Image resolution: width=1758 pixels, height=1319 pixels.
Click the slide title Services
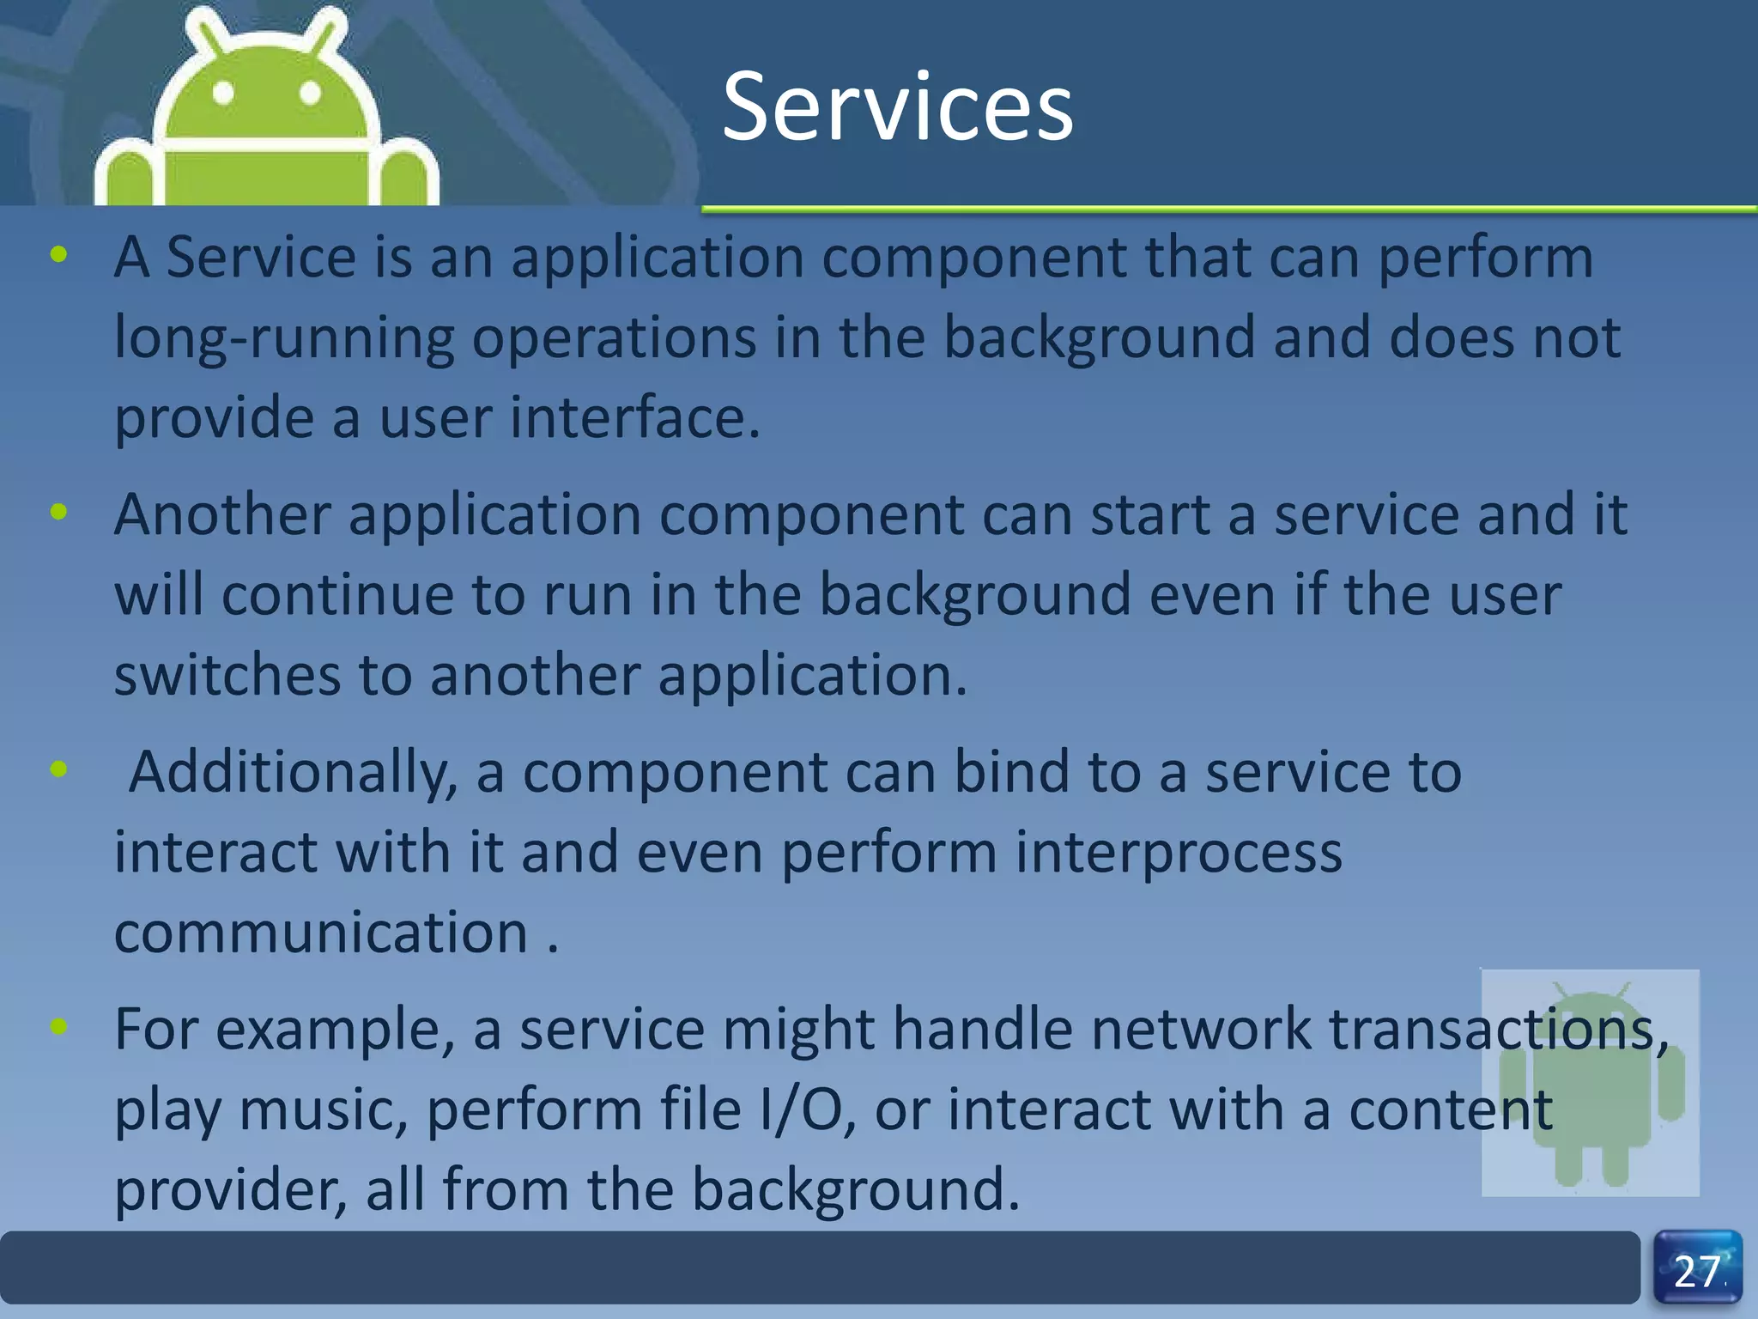coord(897,107)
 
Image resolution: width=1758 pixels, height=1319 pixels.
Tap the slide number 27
coord(1697,1272)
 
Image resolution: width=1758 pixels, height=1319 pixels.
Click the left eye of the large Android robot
coord(223,93)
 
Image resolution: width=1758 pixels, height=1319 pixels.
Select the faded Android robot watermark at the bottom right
coord(1591,1084)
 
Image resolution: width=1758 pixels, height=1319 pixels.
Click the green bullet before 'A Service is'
coord(58,254)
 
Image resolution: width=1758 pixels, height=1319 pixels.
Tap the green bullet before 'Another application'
coord(58,513)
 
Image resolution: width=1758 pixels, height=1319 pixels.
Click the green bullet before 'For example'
coord(58,1025)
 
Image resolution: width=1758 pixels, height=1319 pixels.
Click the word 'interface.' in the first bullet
coord(635,417)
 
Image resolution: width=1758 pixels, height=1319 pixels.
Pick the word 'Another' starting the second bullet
coord(222,514)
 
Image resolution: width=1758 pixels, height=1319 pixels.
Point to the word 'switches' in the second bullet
coord(227,675)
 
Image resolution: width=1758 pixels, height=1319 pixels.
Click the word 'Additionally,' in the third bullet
coord(293,773)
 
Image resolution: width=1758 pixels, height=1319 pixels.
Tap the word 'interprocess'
coord(1179,854)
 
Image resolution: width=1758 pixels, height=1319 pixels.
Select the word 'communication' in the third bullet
coord(321,933)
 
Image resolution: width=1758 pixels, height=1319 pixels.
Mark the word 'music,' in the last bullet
coord(323,1109)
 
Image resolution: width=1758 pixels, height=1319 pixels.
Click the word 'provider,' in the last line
coord(231,1190)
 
